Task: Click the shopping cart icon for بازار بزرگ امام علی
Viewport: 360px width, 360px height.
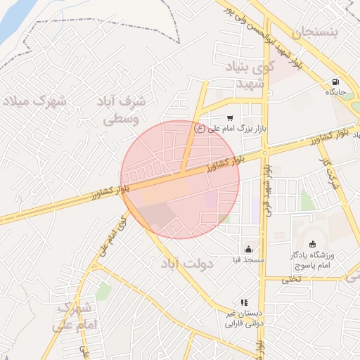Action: pyautogui.click(x=230, y=118)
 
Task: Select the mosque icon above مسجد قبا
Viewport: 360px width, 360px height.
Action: pyautogui.click(x=249, y=248)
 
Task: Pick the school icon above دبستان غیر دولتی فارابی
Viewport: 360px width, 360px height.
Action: pyautogui.click(x=245, y=302)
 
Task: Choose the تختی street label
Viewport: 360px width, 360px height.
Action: pyautogui.click(x=291, y=278)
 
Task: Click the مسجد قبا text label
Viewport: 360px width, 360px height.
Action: pyautogui.click(x=250, y=260)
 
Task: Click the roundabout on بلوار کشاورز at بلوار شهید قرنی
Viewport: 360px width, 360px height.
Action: pyautogui.click(x=266, y=151)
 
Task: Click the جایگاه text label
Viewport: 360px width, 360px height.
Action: pyautogui.click(x=334, y=92)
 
